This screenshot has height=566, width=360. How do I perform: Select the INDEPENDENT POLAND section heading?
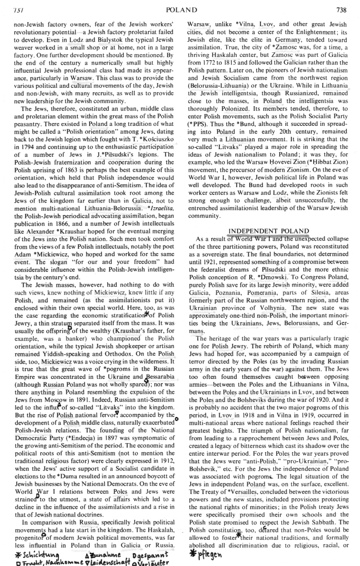pyautogui.click(x=269, y=231)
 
